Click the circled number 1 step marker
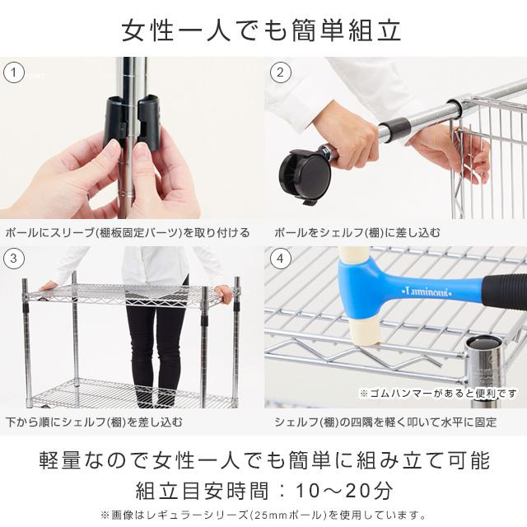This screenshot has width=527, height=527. click(x=12, y=72)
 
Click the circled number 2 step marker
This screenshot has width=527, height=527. click(x=280, y=72)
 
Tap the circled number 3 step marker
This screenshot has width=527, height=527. click(x=12, y=259)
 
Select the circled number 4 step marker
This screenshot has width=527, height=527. click(x=280, y=259)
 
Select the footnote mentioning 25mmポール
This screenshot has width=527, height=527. click(x=263, y=514)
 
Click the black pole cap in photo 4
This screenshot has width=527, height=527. click(x=482, y=345)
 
